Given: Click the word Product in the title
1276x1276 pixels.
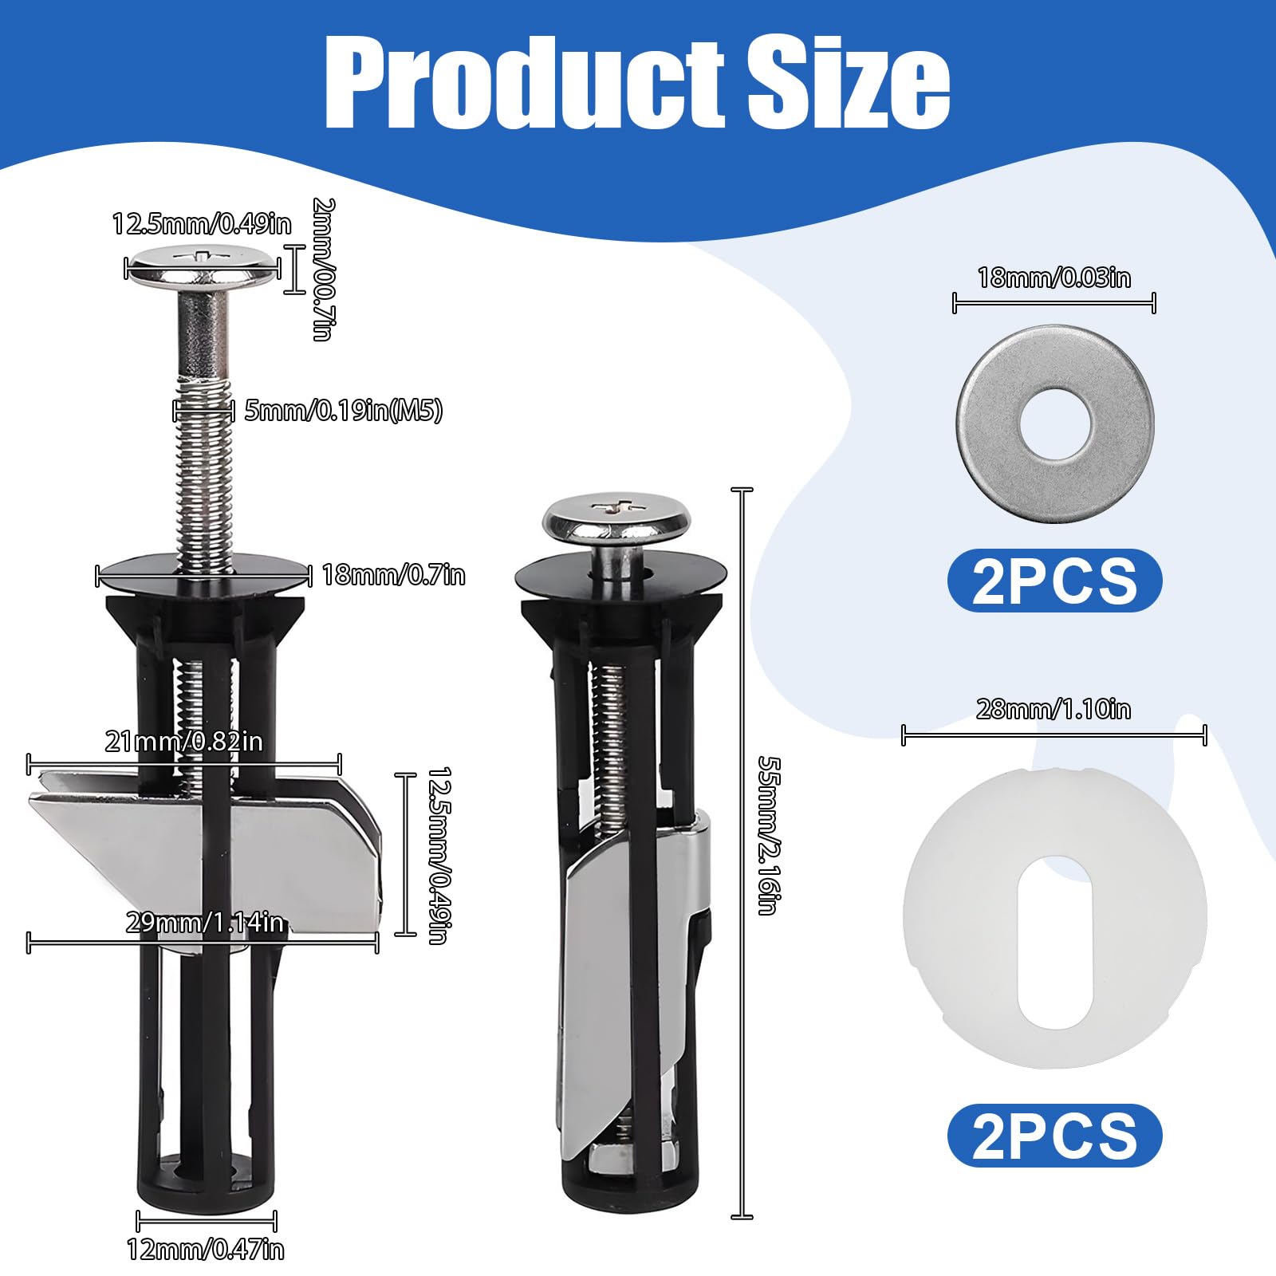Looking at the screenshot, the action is pyautogui.click(x=524, y=82).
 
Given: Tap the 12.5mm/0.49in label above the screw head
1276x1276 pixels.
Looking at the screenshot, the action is pyautogui.click(x=202, y=224).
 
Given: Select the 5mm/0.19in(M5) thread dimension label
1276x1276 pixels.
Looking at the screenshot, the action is pyautogui.click(x=343, y=412).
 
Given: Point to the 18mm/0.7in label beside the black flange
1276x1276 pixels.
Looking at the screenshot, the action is pyautogui.click(x=393, y=575).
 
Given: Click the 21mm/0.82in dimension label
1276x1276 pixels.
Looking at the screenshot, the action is pyautogui.click(x=183, y=742).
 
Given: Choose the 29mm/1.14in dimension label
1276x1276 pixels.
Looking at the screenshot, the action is pyautogui.click(x=205, y=923).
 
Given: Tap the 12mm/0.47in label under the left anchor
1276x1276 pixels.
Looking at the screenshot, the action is pyautogui.click(x=206, y=1249).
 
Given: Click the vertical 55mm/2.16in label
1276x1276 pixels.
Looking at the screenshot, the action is pyautogui.click(x=769, y=836).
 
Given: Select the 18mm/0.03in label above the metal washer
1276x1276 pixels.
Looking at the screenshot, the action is pyautogui.click(x=1054, y=278).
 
